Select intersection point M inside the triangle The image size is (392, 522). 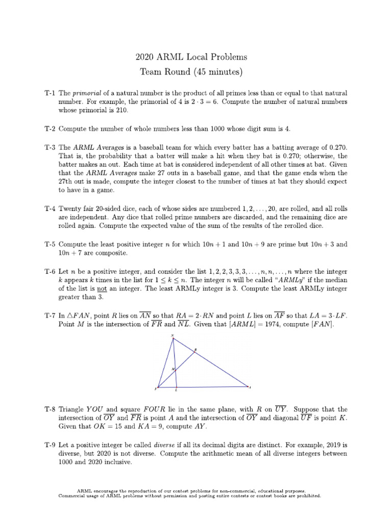click(x=175, y=368)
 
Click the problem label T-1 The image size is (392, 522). click(x=50, y=93)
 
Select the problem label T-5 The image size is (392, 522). click(x=50, y=244)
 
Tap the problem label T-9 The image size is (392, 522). click(x=50, y=445)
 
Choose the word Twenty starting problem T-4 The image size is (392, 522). click(x=71, y=208)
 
